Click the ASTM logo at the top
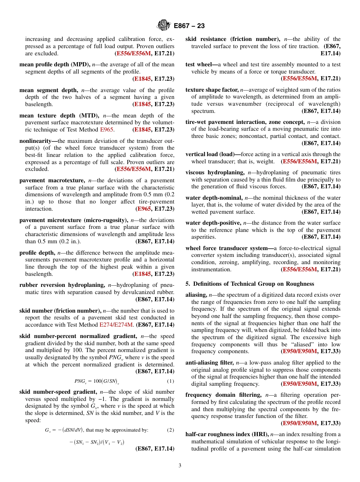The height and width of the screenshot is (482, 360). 164,26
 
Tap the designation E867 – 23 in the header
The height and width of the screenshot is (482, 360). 189,26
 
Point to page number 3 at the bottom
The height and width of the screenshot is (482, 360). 180,465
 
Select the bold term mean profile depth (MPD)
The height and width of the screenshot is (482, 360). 55,64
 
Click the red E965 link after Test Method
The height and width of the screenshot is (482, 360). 106,130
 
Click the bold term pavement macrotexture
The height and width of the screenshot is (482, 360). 52,180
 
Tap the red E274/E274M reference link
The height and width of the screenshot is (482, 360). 116,325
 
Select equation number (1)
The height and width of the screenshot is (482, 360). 171,381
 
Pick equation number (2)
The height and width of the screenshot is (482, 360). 171,430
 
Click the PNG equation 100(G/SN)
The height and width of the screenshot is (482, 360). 97,381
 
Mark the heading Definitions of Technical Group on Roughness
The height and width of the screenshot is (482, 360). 250,284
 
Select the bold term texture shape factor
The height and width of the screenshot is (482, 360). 212,90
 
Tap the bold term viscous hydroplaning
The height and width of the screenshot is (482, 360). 215,172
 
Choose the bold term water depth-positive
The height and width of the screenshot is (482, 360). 214,223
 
